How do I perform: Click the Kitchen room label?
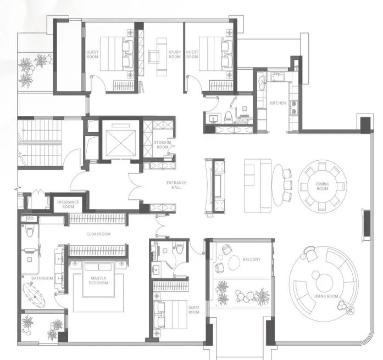pyautogui.click(x=277, y=103)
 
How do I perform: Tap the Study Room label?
pyautogui.click(x=175, y=54)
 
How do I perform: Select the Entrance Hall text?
pyautogui.click(x=176, y=185)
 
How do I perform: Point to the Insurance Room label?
pyautogui.click(x=68, y=204)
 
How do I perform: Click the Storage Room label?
pyautogui.click(x=163, y=145)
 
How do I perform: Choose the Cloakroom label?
pyautogui.click(x=98, y=234)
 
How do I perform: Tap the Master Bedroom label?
pyautogui.click(x=98, y=280)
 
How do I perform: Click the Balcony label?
pyautogui.click(x=252, y=259)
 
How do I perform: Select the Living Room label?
pyautogui.click(x=326, y=296)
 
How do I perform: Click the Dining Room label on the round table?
pyautogui.click(x=323, y=187)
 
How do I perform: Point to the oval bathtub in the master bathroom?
pyautogui.click(x=34, y=295)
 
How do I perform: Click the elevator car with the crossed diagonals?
pyautogui.click(x=120, y=143)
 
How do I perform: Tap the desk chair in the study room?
pyautogui.click(x=154, y=57)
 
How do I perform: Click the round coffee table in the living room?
pyautogui.click(x=324, y=283)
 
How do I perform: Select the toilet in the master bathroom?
pyautogui.click(x=30, y=230)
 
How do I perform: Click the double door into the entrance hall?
pyautogui.click(x=135, y=187)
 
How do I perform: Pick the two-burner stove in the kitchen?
pyautogui.click(x=294, y=108)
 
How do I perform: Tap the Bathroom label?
pyautogui.click(x=42, y=278)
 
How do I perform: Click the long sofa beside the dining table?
pyautogui.click(x=258, y=185)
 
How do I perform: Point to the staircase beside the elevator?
pyautogui.click(x=40, y=143)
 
